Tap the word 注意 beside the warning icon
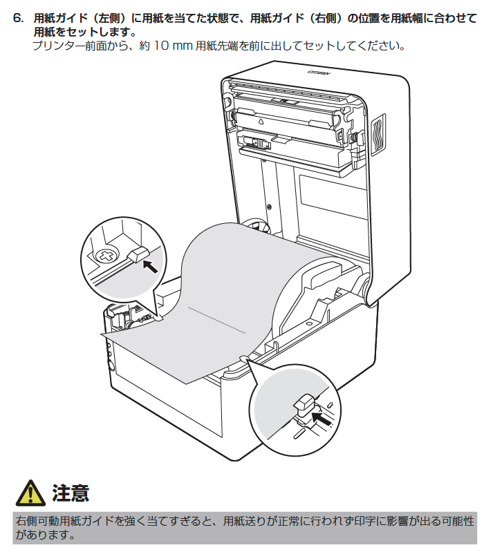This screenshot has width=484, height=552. pyautogui.click(x=71, y=493)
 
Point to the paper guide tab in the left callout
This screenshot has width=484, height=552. pyautogui.click(x=138, y=254)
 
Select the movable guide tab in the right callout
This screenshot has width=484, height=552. pyautogui.click(x=304, y=403)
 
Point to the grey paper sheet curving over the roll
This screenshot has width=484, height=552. pyautogui.click(x=228, y=290)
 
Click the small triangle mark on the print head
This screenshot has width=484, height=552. pyautogui.click(x=261, y=120)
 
